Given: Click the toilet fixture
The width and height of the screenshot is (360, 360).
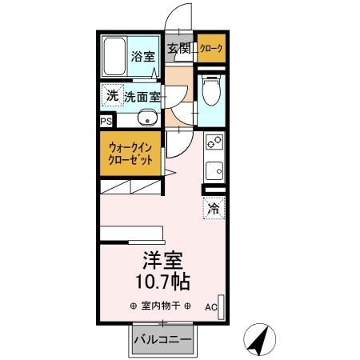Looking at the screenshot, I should (x=211, y=94).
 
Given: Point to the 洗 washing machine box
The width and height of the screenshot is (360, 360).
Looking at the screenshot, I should (x=112, y=94).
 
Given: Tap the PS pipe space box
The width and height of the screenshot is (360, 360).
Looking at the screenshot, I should (x=106, y=121).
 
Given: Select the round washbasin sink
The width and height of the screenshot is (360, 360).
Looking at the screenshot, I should (x=146, y=119).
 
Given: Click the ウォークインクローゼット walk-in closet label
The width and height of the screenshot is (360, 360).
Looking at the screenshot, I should (x=130, y=151).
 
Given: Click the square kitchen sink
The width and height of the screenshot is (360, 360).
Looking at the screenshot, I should (x=214, y=170).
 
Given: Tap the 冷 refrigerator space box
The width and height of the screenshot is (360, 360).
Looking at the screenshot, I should (x=214, y=208).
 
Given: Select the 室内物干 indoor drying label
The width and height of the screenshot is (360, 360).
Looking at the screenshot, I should (x=159, y=306).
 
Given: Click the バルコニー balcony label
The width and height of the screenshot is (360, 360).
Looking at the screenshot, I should (x=162, y=339).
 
